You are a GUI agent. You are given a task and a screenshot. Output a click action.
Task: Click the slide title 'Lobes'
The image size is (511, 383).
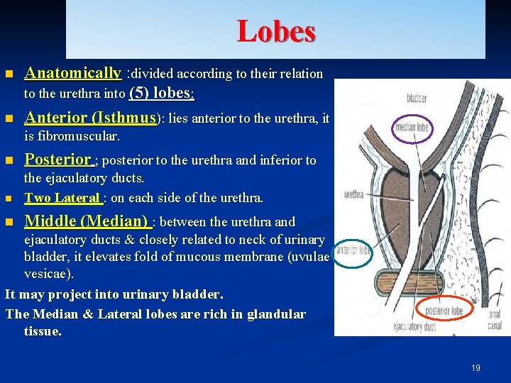(x=276, y=31)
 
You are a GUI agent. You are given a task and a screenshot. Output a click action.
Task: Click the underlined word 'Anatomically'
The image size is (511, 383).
(x=73, y=73)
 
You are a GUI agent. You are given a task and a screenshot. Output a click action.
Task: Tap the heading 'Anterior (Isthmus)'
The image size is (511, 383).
(x=90, y=117)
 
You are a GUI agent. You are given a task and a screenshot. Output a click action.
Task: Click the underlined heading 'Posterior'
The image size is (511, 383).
(x=58, y=160)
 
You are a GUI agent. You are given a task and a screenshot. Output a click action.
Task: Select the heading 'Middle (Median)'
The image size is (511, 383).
(x=86, y=221)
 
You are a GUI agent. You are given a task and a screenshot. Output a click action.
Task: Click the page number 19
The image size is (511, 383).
(x=476, y=367)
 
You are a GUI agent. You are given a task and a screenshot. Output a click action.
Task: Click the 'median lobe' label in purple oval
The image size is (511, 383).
(x=413, y=129)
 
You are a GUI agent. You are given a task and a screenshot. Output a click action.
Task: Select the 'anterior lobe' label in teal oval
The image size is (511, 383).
(x=352, y=250)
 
